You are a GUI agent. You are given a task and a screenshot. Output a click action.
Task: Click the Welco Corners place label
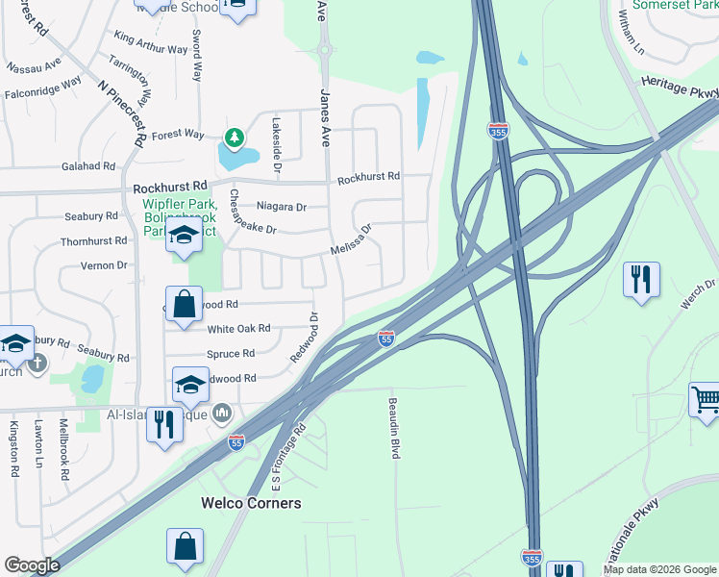251,503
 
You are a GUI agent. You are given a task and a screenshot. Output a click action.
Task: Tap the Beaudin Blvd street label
393,428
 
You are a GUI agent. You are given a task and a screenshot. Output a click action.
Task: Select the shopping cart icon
706,400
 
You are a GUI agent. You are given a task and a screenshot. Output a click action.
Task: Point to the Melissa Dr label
351,240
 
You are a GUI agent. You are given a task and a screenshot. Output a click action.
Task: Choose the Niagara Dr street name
282,207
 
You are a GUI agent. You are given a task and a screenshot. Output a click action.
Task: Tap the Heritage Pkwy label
678,88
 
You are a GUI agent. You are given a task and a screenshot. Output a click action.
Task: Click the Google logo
32,565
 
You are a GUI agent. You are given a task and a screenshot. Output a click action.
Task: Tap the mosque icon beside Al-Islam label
222,413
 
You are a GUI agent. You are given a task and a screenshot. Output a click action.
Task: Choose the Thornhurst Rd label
94,241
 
